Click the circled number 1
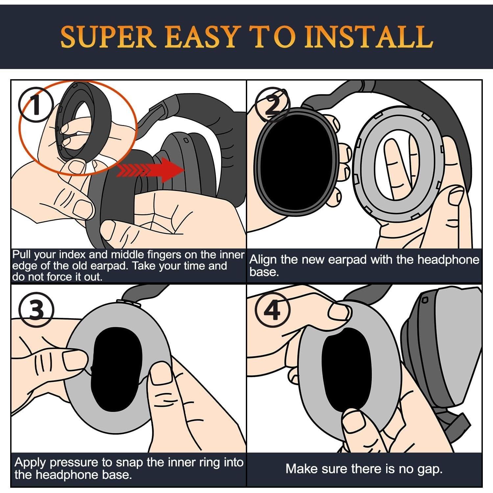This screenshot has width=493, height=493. pyautogui.click(x=36, y=105)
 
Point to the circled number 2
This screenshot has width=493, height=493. pyautogui.click(x=272, y=105)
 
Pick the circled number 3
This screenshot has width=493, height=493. pyautogui.click(x=36, y=310)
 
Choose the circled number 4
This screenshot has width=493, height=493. pyautogui.click(x=272, y=310)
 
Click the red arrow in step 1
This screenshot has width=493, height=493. pyautogui.click(x=150, y=170)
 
